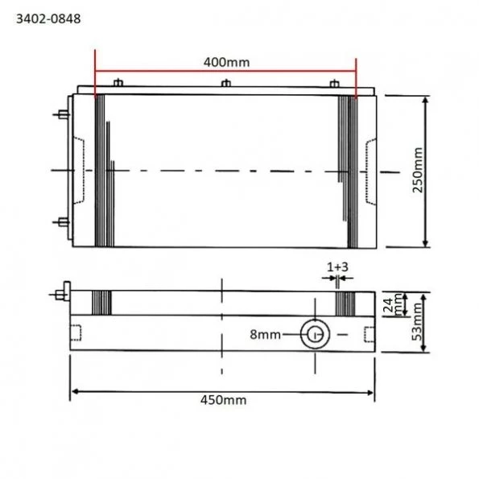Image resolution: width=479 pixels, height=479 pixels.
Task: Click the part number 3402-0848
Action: click(x=47, y=15)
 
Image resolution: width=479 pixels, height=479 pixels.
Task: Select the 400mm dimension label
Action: click(x=226, y=61)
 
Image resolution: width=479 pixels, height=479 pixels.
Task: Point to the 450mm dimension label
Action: click(x=224, y=400)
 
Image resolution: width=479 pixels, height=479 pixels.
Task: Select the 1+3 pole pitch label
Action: click(x=337, y=266)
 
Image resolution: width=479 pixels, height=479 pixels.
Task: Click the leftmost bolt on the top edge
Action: click(x=118, y=83)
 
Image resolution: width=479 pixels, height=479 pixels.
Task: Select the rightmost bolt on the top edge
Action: click(x=334, y=83)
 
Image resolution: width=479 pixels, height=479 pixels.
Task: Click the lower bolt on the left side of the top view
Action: click(x=61, y=221)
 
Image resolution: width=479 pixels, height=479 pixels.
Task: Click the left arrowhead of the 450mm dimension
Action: click(x=75, y=392)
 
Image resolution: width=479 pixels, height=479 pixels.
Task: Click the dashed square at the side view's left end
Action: click(x=76, y=332)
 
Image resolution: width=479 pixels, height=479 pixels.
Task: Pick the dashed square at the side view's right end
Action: click(x=368, y=333)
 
